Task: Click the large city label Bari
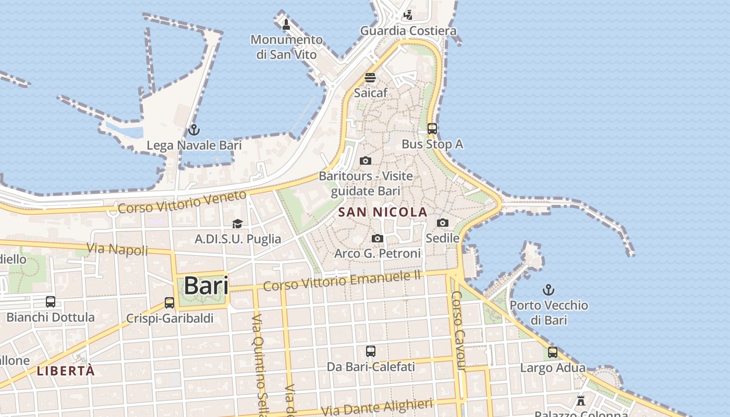click(206, 286)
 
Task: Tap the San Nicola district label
click(383, 212)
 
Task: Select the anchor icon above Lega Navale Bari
click(194, 129)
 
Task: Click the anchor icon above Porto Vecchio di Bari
click(548, 289)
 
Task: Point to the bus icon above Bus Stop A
click(432, 128)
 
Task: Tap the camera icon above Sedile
click(442, 223)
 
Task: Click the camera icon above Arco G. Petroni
click(377, 239)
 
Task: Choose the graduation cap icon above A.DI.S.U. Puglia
click(237, 224)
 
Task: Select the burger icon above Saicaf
click(370, 78)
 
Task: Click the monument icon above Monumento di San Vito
click(286, 24)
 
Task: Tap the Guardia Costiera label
click(408, 31)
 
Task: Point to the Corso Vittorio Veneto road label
click(182, 202)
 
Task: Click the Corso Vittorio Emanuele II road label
click(342, 281)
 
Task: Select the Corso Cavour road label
click(458, 330)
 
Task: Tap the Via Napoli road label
click(117, 249)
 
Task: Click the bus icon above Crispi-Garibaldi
click(169, 302)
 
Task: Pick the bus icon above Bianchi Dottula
click(51, 301)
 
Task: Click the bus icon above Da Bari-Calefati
click(370, 351)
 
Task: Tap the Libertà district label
click(66, 371)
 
